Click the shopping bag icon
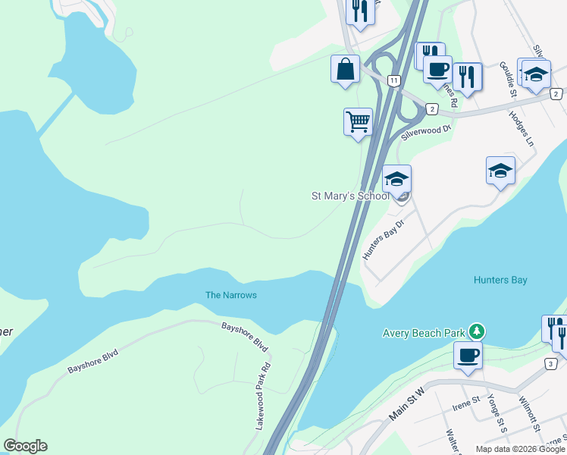click(346, 69)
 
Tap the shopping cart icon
click(358, 121)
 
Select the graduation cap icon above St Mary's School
click(396, 180)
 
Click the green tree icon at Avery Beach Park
click(476, 331)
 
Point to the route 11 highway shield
click(393, 80)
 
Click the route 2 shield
click(431, 109)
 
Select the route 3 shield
click(550, 364)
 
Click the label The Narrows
click(231, 295)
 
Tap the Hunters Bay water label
click(500, 280)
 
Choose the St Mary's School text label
click(350, 196)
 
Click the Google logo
click(25, 446)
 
